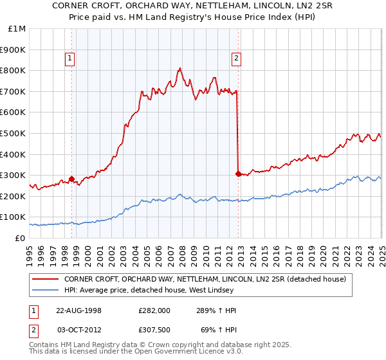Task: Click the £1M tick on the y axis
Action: click(16, 29)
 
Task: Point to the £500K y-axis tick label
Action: click(14, 133)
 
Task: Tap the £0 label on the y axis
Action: click(20, 238)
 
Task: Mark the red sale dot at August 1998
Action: click(72, 179)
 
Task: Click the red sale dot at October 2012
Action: click(238, 174)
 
